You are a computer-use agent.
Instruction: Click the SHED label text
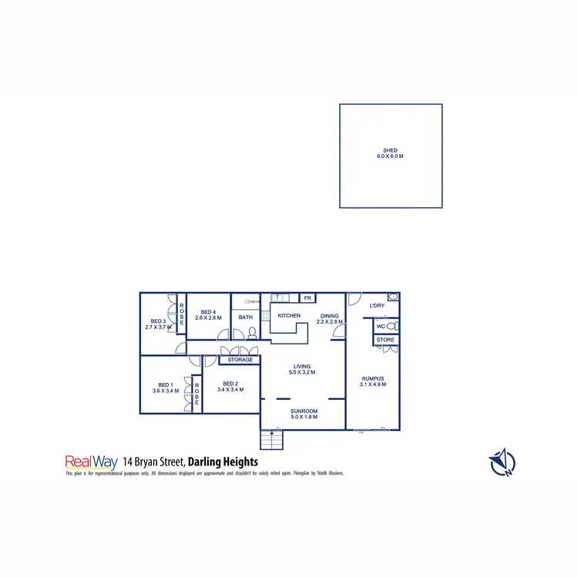tap(391, 151)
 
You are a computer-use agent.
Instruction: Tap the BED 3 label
tap(158, 321)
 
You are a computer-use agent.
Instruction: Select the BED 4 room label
tap(208, 312)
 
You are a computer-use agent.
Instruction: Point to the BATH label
tap(246, 317)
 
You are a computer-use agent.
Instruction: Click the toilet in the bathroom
tap(251, 333)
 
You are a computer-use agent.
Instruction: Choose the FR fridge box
tap(307, 298)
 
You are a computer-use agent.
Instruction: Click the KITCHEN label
tap(289, 316)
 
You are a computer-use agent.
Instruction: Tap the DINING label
tap(328, 316)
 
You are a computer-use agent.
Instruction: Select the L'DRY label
tap(377, 306)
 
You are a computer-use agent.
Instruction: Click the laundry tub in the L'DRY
tap(393, 297)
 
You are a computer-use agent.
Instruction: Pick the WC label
tap(381, 326)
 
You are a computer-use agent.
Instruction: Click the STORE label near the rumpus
tap(385, 339)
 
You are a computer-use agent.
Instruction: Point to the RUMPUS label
tap(373, 378)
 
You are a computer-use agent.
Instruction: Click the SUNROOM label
tap(304, 412)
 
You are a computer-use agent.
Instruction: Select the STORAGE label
tap(240, 360)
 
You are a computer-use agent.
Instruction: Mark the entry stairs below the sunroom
tap(272, 440)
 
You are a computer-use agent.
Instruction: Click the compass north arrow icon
tap(502, 461)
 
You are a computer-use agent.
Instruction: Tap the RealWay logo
tap(91, 462)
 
